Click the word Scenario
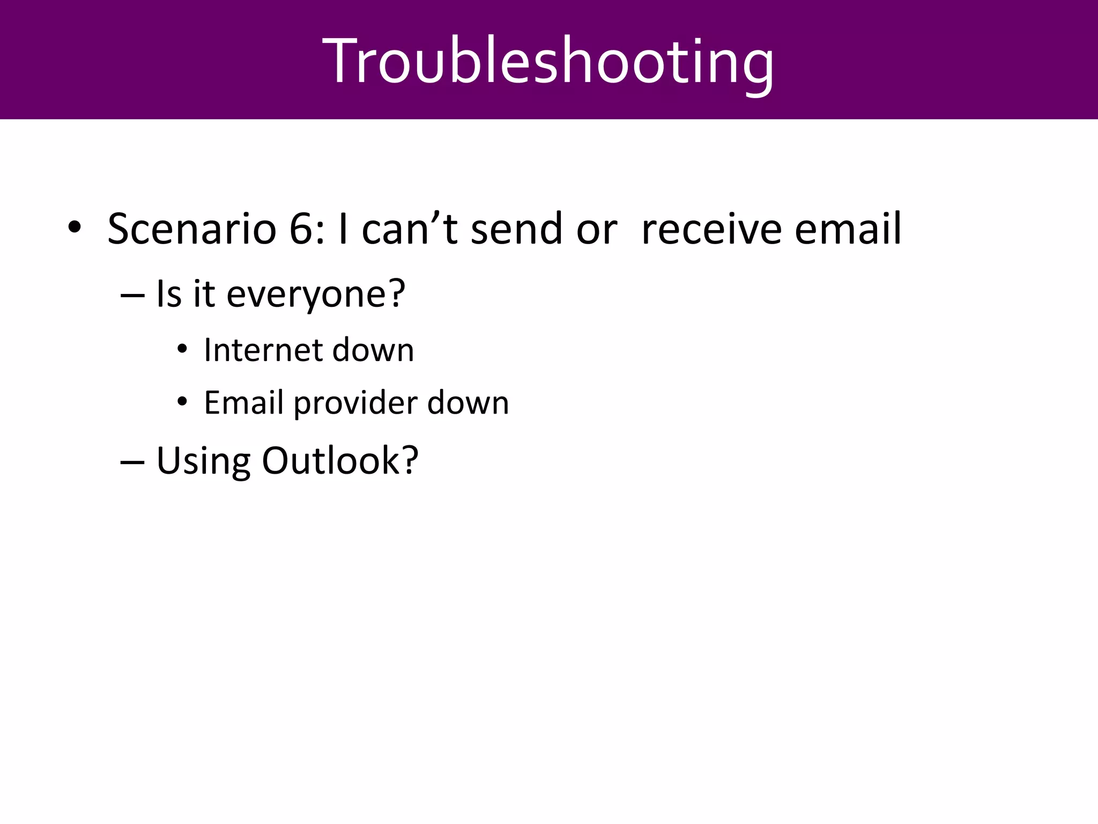click(x=191, y=230)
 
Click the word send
click(x=516, y=230)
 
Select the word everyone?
click(x=315, y=295)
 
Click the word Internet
click(x=263, y=350)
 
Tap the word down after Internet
click(x=373, y=350)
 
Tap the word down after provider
click(x=468, y=403)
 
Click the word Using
click(x=203, y=461)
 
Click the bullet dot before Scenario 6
click(x=74, y=228)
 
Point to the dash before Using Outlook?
click(x=133, y=462)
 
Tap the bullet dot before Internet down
click(x=182, y=350)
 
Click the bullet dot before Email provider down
click(x=182, y=402)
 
